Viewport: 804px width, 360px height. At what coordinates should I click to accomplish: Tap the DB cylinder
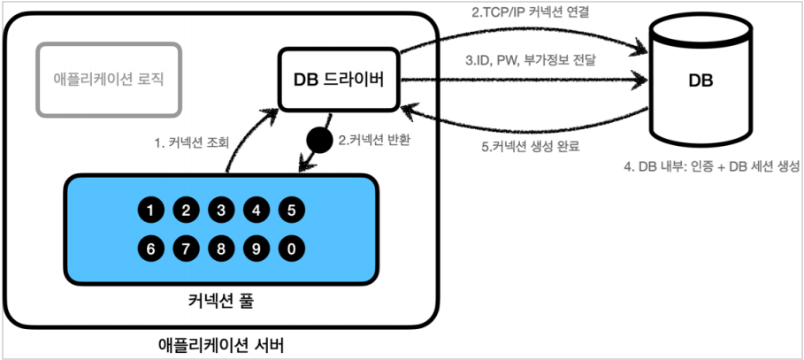tap(700, 81)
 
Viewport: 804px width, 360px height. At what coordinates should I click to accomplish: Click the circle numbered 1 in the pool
tap(151, 211)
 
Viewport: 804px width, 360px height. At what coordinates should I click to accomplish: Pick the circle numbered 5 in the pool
tap(291, 211)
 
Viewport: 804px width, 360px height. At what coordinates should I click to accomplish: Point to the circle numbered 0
tap(291, 249)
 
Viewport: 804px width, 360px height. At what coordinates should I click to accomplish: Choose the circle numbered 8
tap(221, 249)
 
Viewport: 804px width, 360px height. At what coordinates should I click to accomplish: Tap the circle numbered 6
tap(151, 249)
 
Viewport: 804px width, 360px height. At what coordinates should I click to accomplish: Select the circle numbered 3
tap(221, 211)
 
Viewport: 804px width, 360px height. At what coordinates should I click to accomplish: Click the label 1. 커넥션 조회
tap(188, 142)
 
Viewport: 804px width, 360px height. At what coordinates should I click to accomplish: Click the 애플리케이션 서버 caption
tap(221, 341)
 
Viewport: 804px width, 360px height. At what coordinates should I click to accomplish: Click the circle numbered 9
tap(257, 249)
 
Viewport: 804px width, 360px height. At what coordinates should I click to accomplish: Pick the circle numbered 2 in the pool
tap(187, 211)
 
